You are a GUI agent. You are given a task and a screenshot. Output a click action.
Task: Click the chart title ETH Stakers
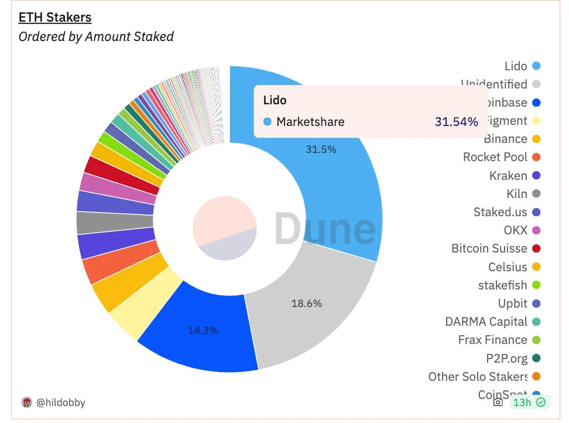pos(55,18)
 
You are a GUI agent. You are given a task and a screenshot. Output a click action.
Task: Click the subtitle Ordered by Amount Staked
pos(96,36)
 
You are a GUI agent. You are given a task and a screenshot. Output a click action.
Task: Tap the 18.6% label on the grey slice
pos(307,303)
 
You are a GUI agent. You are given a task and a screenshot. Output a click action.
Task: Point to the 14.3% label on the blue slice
pos(203,330)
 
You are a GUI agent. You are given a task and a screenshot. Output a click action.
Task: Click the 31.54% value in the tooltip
pos(456,122)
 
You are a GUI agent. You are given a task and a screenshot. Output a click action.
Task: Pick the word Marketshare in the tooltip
pos(310,122)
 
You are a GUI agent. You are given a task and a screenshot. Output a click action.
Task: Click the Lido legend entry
pos(516,66)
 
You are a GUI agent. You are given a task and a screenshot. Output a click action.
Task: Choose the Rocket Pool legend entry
pos(495,157)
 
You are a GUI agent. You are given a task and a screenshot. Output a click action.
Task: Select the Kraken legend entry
pos(508,176)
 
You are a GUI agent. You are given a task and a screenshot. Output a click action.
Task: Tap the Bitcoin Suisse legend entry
pos(489,248)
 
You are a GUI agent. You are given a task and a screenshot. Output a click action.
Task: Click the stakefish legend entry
pos(503,285)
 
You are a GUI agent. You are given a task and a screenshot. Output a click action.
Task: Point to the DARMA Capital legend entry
pos(486,322)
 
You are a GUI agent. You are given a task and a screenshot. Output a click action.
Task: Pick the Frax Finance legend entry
pos(493,340)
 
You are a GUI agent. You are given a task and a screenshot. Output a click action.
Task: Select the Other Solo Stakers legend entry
pos(478,377)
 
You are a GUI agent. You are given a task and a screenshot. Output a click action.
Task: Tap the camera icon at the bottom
pos(498,402)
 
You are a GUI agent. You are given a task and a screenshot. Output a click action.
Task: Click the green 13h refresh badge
pos(529,402)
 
